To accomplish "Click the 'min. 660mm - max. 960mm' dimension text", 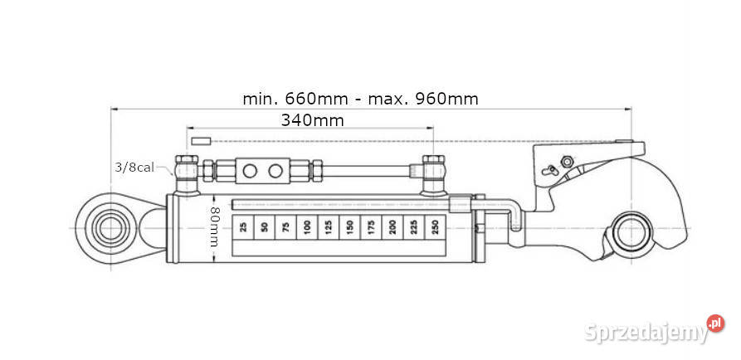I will [360, 98].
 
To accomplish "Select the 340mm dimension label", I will [312, 119].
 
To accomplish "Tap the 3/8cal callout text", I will [134, 167].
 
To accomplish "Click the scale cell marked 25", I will [242, 226].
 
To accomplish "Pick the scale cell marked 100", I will [306, 226].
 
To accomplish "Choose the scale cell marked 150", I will [349, 226].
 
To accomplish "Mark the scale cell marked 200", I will [392, 226].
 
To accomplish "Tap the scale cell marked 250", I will [434, 226].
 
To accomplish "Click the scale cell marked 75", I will [285, 226].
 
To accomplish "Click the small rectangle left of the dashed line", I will [202, 139].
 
